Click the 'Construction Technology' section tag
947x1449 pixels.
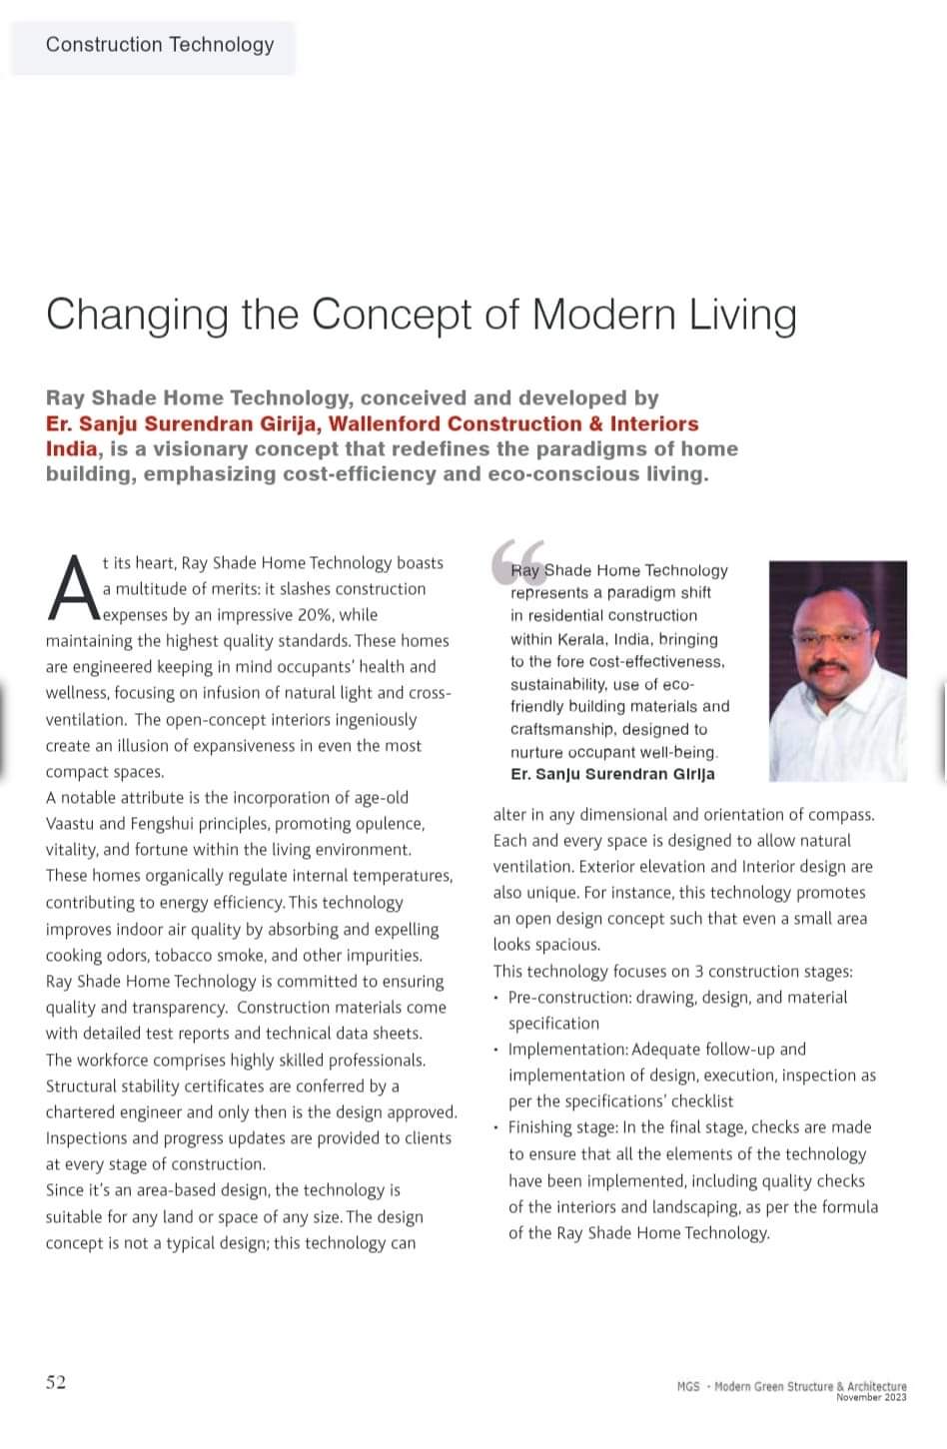click(160, 45)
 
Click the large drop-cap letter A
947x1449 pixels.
click(73, 589)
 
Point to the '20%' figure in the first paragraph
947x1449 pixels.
click(315, 615)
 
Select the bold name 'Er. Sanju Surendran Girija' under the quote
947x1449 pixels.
click(612, 775)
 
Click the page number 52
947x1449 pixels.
click(56, 1382)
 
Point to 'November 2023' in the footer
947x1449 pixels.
click(871, 1397)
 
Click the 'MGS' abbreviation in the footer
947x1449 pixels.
click(687, 1386)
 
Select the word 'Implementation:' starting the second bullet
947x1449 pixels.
click(567, 1050)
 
